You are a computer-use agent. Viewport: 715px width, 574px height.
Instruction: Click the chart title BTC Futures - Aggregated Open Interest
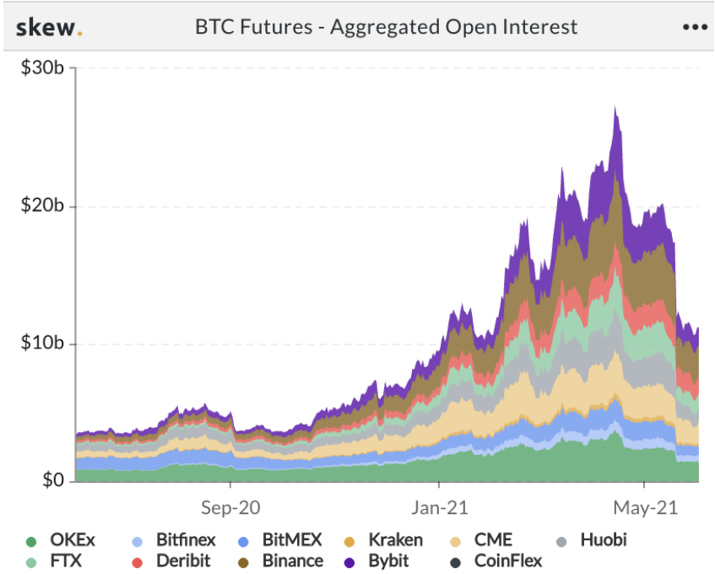[386, 26]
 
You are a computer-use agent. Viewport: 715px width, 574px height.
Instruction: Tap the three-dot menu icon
[694, 27]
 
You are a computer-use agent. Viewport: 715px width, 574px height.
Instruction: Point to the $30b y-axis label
[42, 68]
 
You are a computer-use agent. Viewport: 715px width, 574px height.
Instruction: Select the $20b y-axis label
[42, 206]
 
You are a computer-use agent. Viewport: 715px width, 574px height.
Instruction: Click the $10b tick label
[42, 344]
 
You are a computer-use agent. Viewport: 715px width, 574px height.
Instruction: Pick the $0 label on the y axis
[52, 481]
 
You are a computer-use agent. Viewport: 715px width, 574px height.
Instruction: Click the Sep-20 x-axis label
[230, 508]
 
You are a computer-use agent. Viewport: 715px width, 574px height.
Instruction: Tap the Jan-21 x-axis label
[439, 508]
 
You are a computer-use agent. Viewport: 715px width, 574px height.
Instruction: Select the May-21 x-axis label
[644, 508]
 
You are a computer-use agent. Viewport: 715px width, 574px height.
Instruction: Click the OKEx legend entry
[63, 540]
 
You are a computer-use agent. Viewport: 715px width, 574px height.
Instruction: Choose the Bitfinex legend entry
[176, 540]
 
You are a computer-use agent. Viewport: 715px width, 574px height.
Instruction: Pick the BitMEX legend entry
[282, 540]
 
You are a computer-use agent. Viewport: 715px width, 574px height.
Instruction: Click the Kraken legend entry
[386, 540]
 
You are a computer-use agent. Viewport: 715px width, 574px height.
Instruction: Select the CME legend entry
[484, 540]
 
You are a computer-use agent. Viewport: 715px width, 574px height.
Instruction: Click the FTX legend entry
[57, 560]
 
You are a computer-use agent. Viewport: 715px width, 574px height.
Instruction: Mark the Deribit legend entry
[173, 560]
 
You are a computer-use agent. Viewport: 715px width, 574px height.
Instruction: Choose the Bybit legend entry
[386, 560]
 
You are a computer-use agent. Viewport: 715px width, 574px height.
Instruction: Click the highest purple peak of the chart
[615, 108]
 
